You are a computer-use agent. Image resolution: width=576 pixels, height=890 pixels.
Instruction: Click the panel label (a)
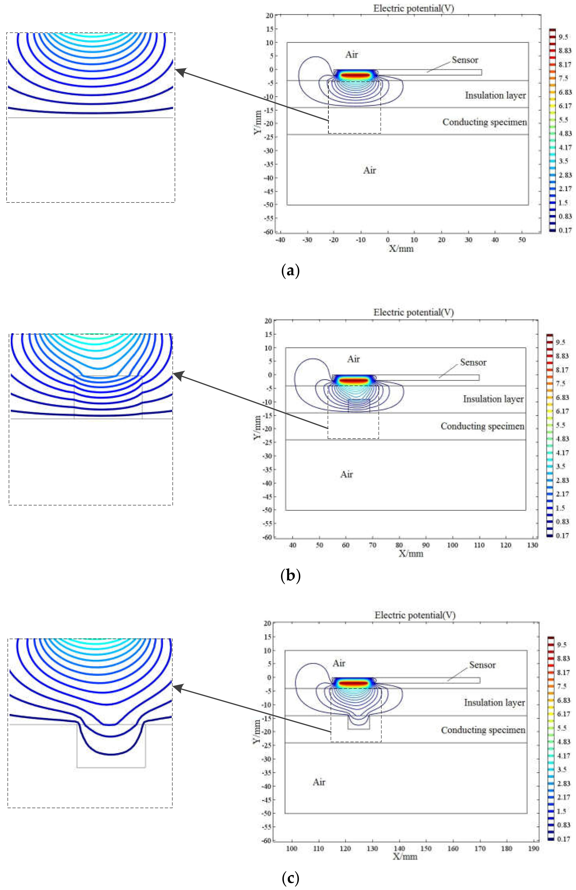290,270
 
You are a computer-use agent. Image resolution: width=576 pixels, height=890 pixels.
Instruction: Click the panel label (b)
290,576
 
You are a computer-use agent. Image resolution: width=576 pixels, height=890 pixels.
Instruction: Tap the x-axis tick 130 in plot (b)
532,545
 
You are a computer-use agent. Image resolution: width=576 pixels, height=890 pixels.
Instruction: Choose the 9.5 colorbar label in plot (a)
563,37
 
